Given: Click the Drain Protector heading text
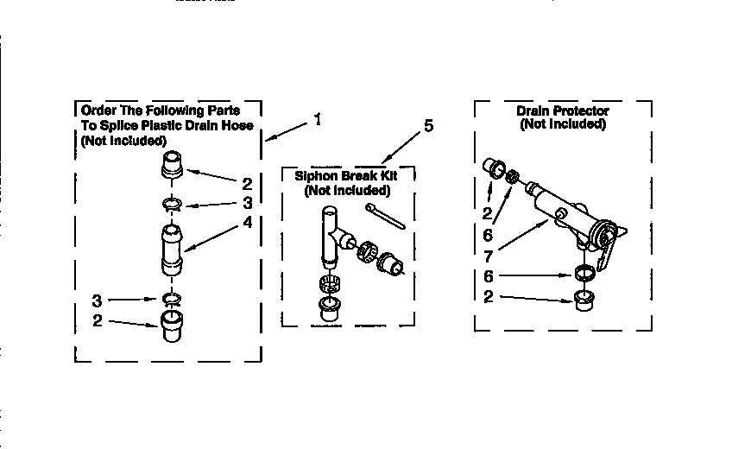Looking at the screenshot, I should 562,111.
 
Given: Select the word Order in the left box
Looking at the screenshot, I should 97,111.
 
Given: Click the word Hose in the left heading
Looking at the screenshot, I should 238,126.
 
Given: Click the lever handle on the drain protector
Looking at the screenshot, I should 610,250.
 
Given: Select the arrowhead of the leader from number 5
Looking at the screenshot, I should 386,161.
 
